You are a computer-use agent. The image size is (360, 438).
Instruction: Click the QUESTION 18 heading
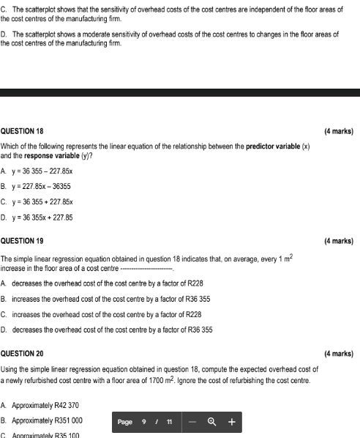tap(22, 132)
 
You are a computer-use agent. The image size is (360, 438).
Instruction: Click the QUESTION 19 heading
tap(22, 241)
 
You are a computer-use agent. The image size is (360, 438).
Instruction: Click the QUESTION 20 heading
tap(22, 354)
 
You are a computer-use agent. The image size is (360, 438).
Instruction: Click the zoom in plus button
tap(231, 422)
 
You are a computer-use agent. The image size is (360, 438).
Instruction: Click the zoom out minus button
tap(193, 422)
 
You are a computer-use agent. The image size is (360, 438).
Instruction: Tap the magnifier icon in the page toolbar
tap(212, 422)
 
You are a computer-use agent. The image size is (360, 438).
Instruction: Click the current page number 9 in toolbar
tap(144, 422)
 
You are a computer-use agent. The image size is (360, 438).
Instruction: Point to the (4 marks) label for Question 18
tap(338, 132)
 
